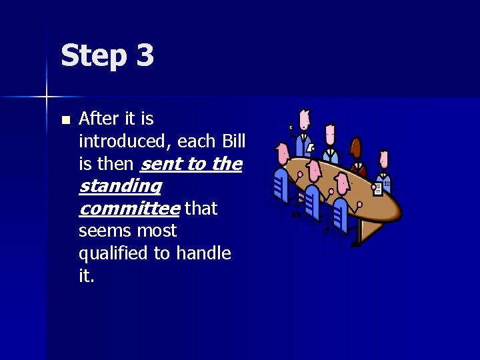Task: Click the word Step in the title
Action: coord(93,56)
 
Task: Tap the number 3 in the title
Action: coord(145,55)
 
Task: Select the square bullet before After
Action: coord(65,121)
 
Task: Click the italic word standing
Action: coord(120,186)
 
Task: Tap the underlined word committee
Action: coord(129,209)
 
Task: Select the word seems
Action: coord(102,231)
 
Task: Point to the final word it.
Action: coord(86,276)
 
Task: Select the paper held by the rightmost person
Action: coord(379,187)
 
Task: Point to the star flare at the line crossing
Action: coord(47,97)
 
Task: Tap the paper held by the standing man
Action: coord(311,147)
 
